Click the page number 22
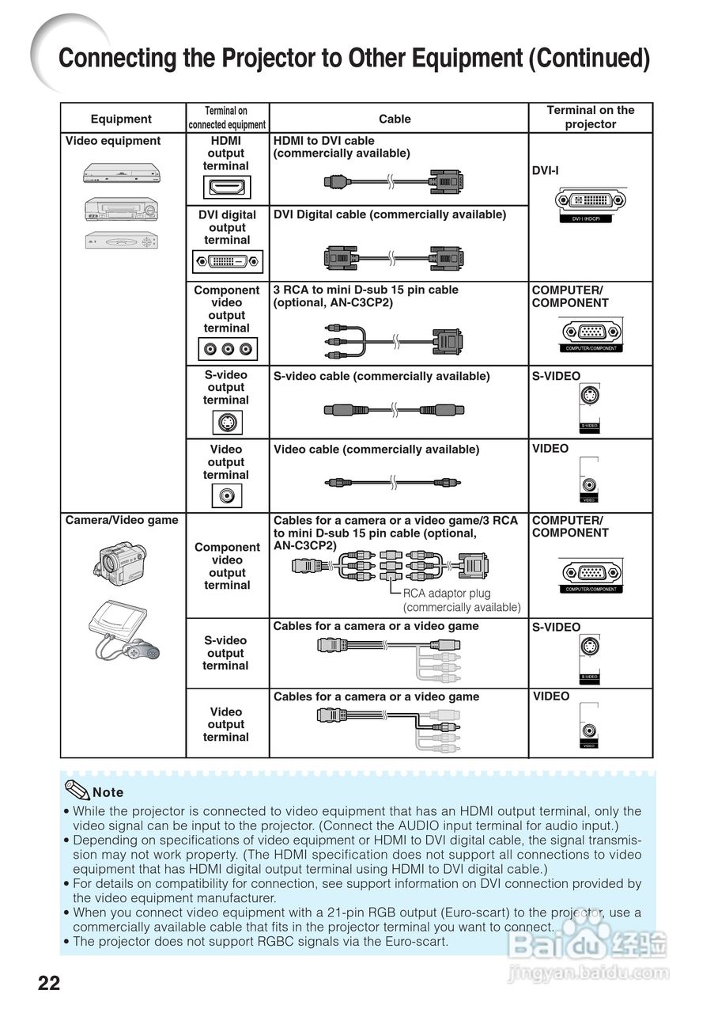(48, 984)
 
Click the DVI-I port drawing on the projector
(591, 201)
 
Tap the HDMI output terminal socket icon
(227, 187)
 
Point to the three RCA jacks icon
(228, 348)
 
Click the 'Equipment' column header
(121, 120)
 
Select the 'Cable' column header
(395, 120)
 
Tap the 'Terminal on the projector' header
(591, 117)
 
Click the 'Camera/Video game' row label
(122, 520)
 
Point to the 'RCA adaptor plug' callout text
(447, 594)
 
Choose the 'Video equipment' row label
(113, 141)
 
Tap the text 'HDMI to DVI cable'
(324, 141)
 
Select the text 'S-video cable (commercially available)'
(381, 376)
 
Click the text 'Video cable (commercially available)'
(376, 450)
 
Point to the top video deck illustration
(123, 172)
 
